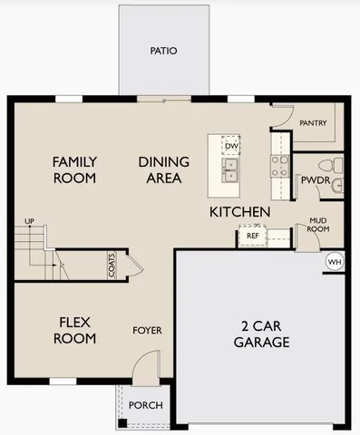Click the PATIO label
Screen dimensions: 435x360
click(x=163, y=51)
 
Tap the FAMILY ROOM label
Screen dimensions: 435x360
click(x=74, y=170)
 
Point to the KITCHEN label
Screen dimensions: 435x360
click(x=239, y=212)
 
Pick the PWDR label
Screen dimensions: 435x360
click(x=315, y=179)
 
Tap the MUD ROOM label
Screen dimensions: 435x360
click(x=318, y=224)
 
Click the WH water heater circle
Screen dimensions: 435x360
click(x=334, y=261)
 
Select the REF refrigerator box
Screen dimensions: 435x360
click(x=252, y=236)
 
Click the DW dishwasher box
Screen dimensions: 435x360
click(x=231, y=146)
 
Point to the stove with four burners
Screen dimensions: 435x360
click(x=279, y=165)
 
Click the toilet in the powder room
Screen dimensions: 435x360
click(x=336, y=165)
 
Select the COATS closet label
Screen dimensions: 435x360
click(x=112, y=265)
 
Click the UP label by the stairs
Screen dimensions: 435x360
click(x=29, y=221)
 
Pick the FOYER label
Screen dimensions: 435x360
click(x=147, y=330)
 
